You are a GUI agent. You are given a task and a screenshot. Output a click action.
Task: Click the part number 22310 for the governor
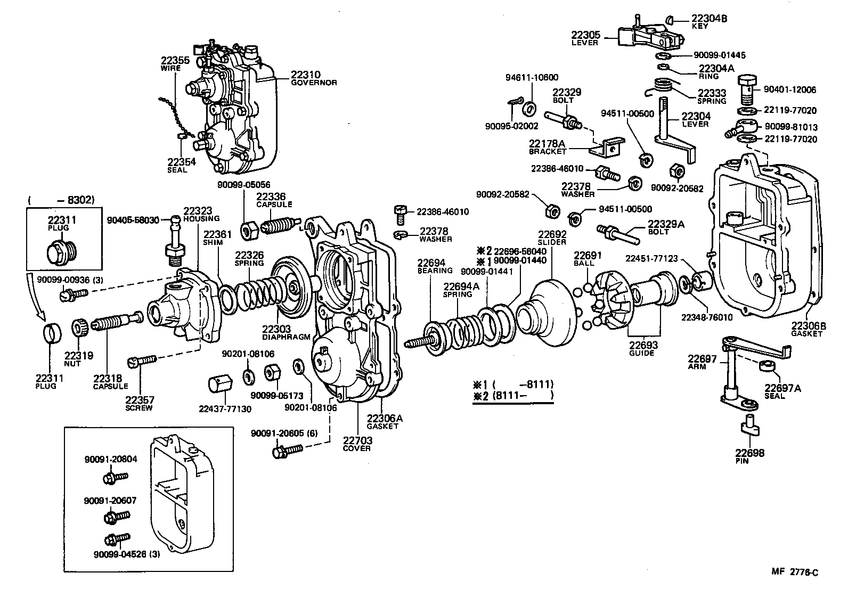tap(305, 75)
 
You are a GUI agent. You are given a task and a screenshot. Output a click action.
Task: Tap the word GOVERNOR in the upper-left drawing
tap(314, 83)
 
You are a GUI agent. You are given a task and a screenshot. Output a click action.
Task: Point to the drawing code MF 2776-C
tap(794, 572)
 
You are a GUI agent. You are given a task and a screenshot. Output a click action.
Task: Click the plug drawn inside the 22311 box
tap(61, 252)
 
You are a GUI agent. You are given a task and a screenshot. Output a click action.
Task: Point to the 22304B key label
tap(709, 21)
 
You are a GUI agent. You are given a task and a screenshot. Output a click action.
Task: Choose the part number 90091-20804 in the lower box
tap(110, 459)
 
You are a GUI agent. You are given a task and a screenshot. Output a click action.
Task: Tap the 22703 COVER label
tap(357, 444)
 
